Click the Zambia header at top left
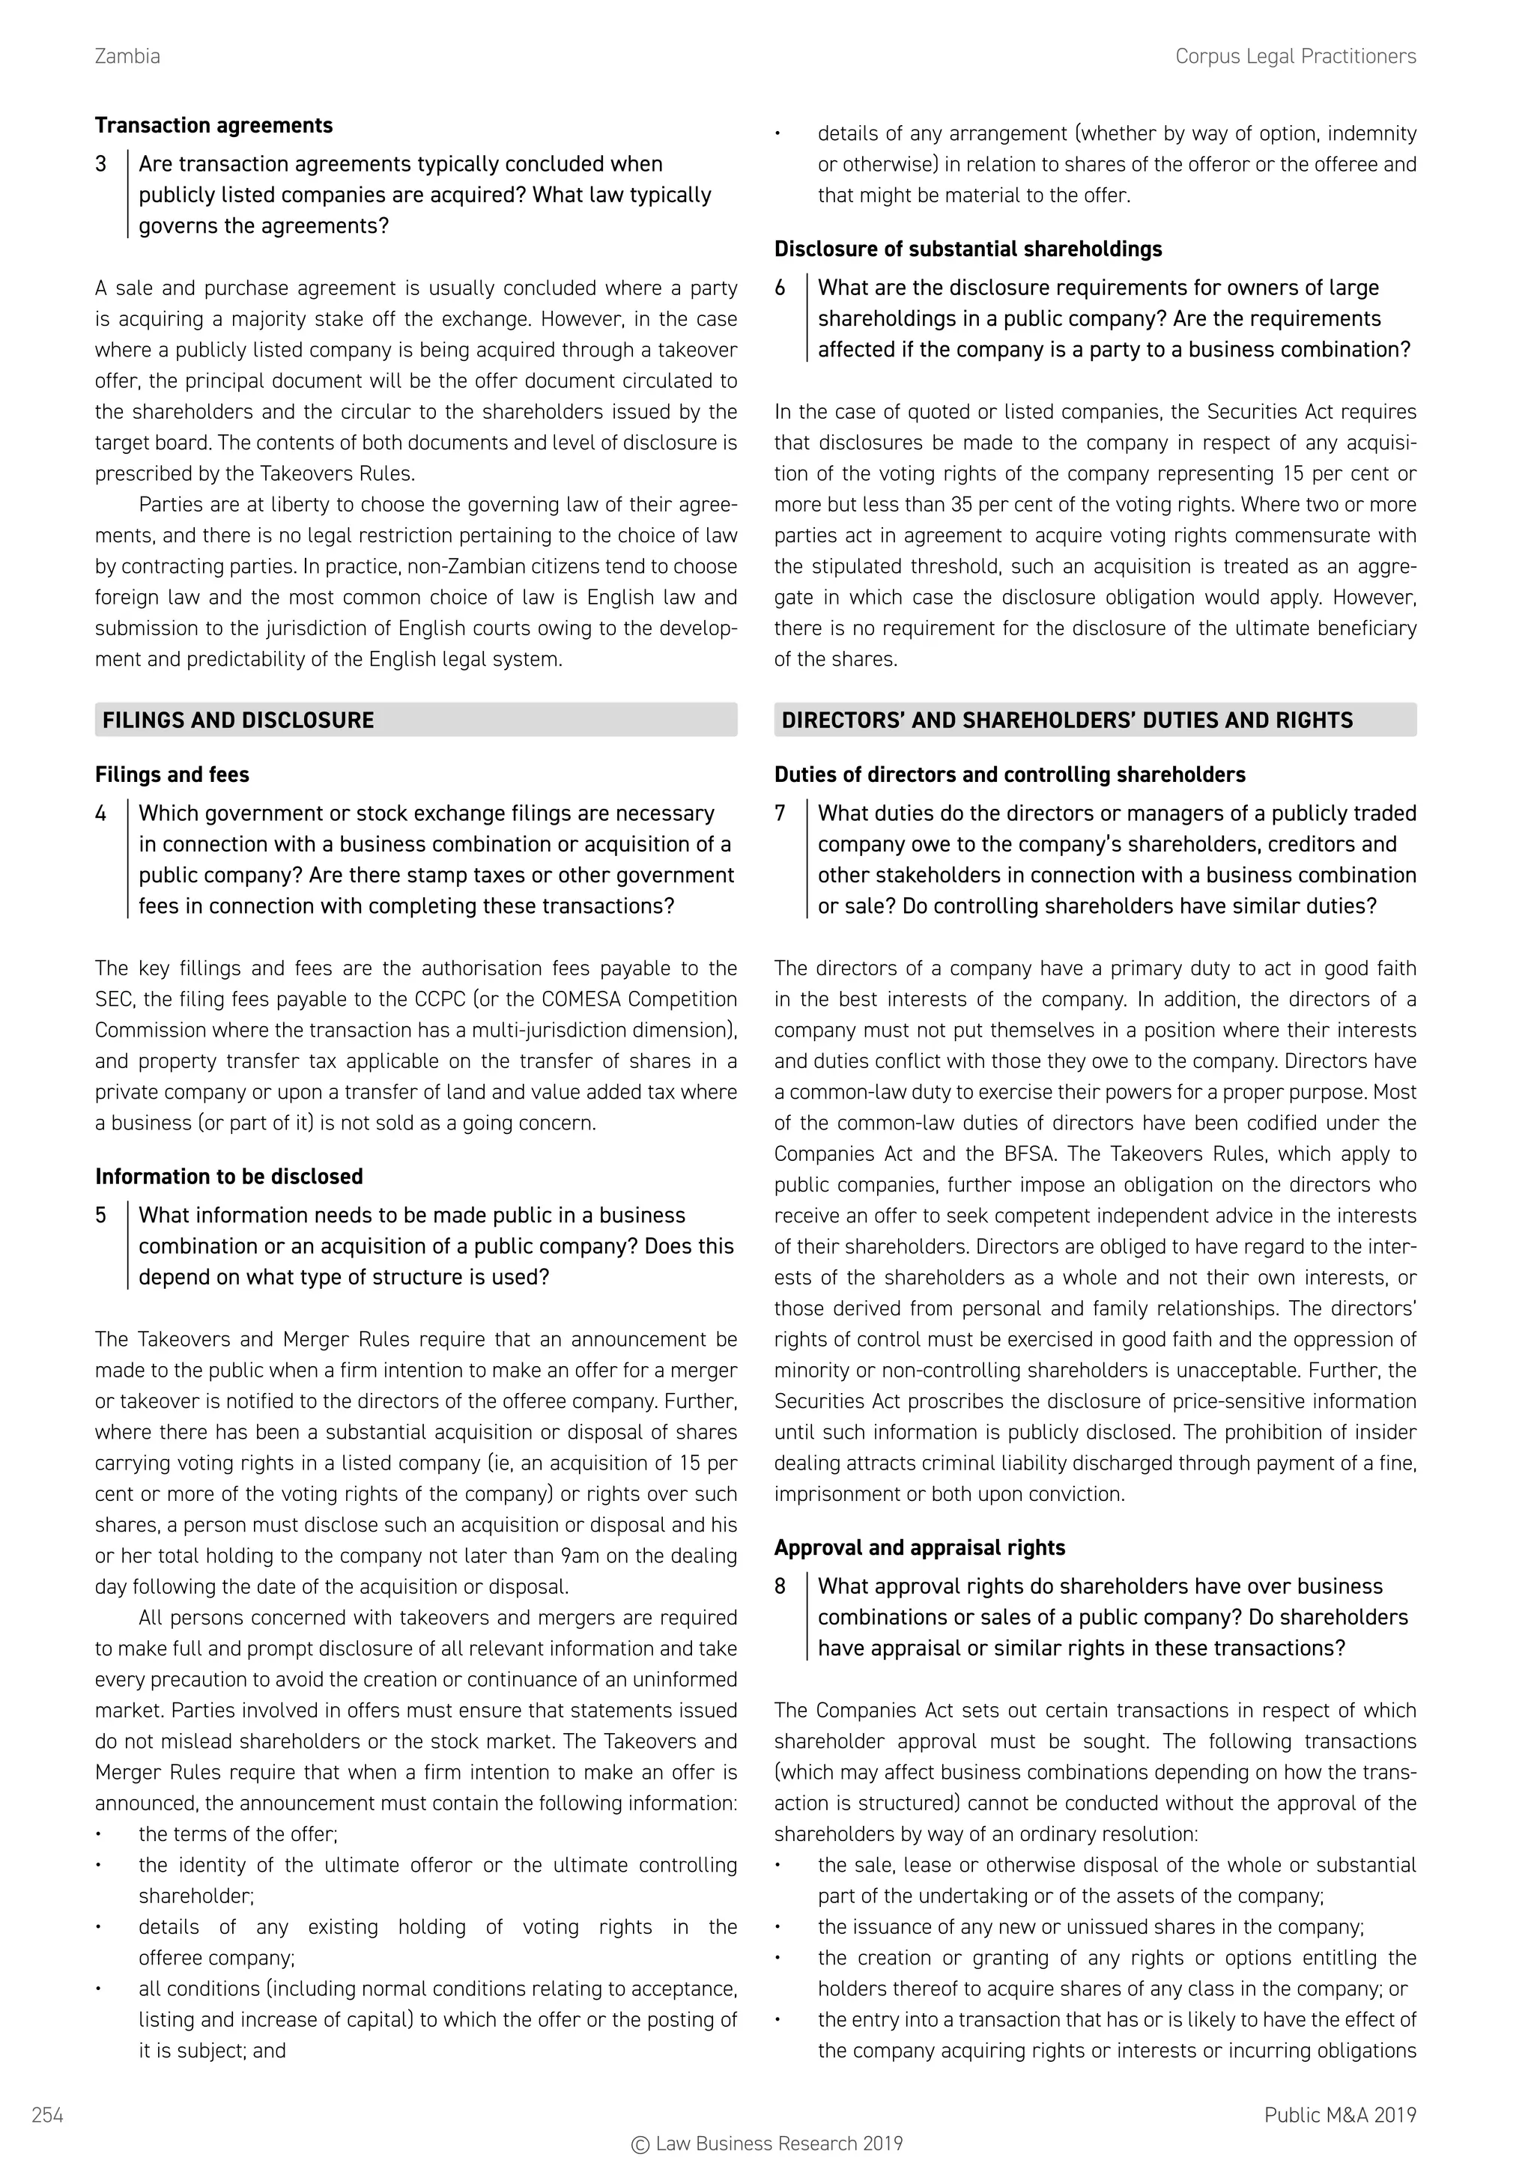[127, 57]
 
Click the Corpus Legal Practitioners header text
[1295, 57]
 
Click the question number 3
[101, 164]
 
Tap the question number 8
[780, 1586]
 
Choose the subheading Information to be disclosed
[228, 1176]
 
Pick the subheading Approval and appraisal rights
[919, 1547]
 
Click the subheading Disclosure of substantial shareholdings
[967, 249]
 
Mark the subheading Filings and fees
[172, 774]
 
